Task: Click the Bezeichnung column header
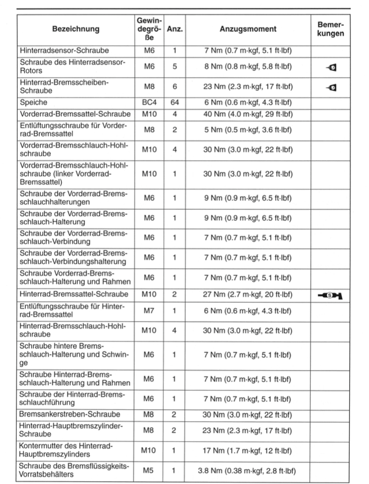pos(76,29)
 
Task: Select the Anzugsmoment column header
pos(247,29)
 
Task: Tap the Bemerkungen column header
pos(331,29)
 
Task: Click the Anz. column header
pos(175,29)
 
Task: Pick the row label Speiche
pos(34,102)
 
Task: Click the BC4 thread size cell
pos(149,102)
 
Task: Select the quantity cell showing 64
pos(175,102)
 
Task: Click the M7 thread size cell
pos(149,311)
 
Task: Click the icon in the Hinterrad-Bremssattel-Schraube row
pos(331,296)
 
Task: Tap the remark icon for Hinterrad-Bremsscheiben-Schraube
pos(331,86)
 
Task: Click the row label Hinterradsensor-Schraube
pos(64,50)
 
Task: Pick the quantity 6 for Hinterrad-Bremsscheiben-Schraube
pos(175,86)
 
